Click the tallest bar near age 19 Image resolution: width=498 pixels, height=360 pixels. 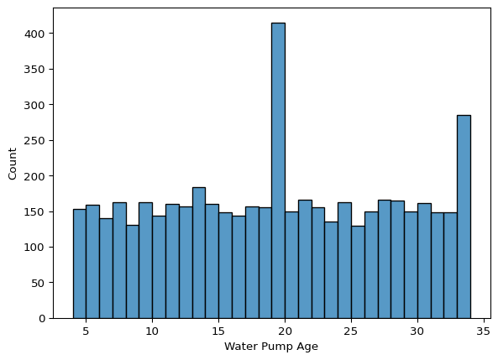click(278, 170)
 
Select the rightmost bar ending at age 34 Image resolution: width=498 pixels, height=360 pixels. click(464, 217)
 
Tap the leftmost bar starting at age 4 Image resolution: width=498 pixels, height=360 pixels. click(80, 263)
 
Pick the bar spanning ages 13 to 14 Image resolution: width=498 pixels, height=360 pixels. click(199, 253)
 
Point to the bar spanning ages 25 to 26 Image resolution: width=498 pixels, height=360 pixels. click(358, 272)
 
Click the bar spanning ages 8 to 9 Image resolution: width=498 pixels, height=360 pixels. click(133, 272)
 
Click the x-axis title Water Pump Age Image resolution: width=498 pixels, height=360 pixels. click(271, 347)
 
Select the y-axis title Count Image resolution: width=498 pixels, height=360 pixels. click(12, 164)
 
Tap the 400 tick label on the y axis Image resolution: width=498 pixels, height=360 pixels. click(35, 34)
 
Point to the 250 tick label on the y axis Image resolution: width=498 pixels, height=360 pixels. click(35, 140)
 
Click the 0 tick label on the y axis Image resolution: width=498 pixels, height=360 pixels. click(42, 318)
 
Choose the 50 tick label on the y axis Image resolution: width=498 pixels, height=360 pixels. click(39, 283)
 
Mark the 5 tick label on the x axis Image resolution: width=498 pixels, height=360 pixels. click(86, 331)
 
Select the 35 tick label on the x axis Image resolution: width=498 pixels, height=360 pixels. click(484, 331)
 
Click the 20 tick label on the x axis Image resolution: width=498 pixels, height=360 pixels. click(285, 331)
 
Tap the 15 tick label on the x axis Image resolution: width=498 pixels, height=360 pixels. click(218, 331)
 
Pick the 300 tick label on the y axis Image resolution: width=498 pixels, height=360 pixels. click(35, 105)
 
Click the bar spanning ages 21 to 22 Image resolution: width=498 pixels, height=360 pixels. click(305, 259)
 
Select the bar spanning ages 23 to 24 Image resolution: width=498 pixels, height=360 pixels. click(331, 270)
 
